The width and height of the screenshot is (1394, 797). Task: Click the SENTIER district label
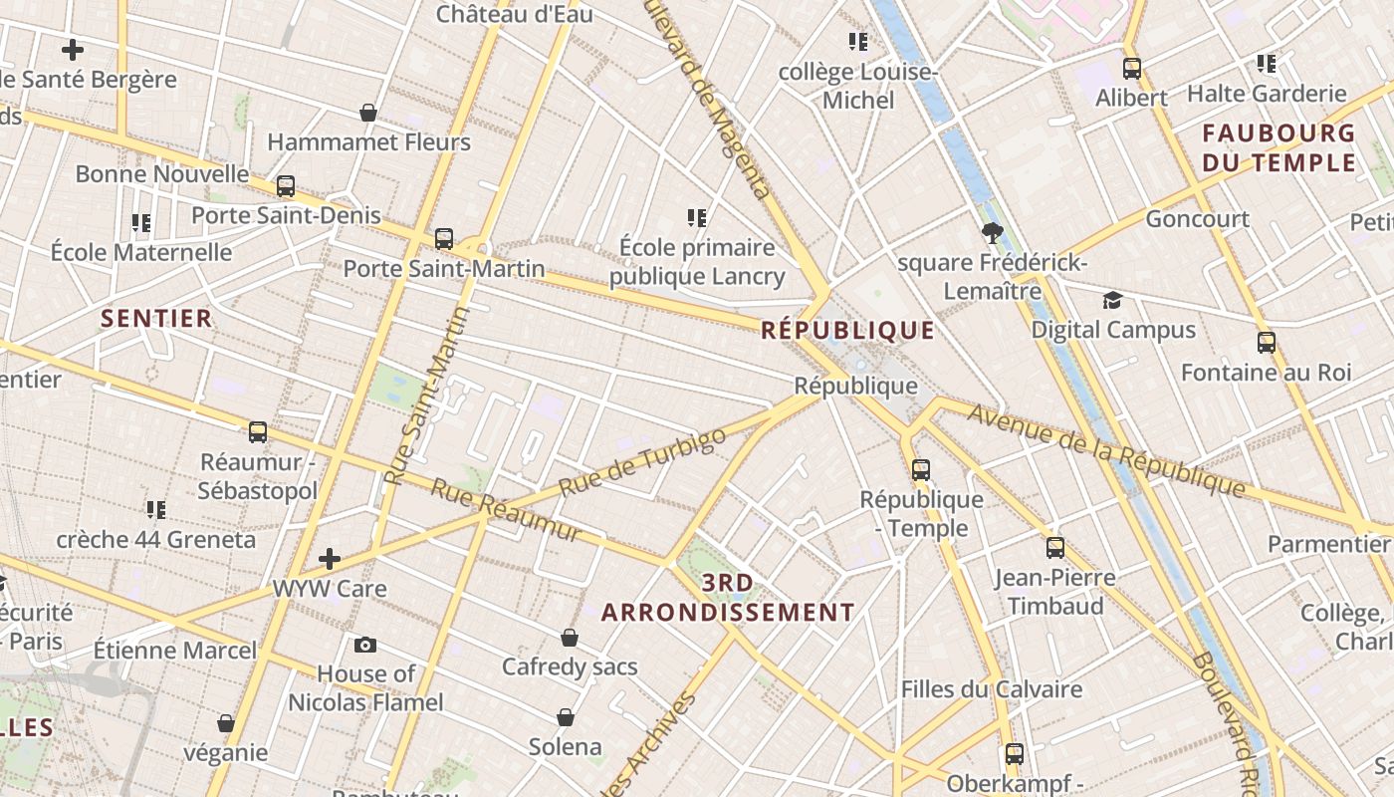point(157,319)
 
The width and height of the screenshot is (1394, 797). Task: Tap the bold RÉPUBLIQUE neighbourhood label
point(847,331)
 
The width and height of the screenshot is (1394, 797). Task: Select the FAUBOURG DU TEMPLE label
point(1278,147)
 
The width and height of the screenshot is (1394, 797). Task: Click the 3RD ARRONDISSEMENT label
point(728,598)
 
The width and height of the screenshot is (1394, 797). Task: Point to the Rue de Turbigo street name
point(642,463)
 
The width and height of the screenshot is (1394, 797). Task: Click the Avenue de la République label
point(1105,450)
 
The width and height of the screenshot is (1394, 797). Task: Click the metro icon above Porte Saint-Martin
point(444,239)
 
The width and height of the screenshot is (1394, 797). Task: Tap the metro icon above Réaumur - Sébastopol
point(258,432)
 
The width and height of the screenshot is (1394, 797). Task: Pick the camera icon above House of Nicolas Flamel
point(365,645)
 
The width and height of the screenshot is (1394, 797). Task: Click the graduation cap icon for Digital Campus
point(1112,300)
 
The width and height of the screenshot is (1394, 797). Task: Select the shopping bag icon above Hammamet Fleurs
point(368,113)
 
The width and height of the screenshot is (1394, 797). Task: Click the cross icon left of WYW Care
point(330,559)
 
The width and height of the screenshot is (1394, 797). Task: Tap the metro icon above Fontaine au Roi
point(1267,343)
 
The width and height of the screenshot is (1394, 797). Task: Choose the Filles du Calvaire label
point(991,689)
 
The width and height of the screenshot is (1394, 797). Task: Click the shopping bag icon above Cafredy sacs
point(570,638)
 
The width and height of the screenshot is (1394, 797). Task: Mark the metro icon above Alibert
point(1132,69)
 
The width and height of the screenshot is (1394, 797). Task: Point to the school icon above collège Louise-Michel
point(858,42)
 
